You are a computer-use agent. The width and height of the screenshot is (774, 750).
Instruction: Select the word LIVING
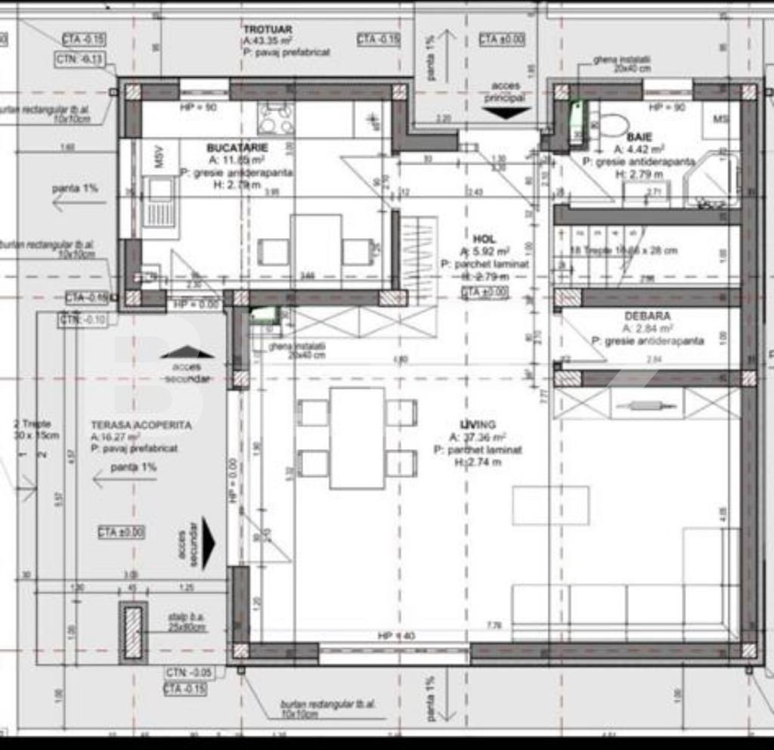477,425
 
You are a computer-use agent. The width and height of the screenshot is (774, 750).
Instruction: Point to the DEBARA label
647,316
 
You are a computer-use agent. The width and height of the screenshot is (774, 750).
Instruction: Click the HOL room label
484,238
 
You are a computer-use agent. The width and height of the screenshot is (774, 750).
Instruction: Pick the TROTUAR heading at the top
268,29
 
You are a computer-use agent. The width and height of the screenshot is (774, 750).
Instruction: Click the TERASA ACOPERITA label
141,426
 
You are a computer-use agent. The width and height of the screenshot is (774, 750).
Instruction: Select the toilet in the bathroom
613,125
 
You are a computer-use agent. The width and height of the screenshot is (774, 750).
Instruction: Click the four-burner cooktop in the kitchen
276,119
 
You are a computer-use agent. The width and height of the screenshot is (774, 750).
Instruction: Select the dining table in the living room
357,438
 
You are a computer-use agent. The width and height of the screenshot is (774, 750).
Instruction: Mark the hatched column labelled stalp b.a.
134,631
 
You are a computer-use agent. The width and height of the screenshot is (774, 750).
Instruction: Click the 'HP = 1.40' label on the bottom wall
396,636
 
